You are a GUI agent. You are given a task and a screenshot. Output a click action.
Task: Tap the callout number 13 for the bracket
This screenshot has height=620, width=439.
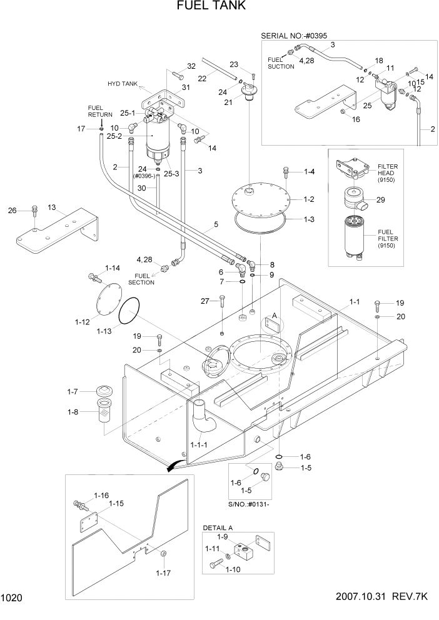(x=52, y=207)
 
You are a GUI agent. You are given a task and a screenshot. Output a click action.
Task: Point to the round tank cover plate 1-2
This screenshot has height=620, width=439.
(x=260, y=200)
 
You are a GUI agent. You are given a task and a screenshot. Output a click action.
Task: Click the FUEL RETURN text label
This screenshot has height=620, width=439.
(x=99, y=111)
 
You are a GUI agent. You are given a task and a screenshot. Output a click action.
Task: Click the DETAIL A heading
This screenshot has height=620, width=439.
(x=218, y=527)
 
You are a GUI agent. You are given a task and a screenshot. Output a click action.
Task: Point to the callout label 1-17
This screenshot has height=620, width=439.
(x=164, y=572)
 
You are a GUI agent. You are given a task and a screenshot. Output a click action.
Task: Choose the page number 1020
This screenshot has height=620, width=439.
(x=13, y=598)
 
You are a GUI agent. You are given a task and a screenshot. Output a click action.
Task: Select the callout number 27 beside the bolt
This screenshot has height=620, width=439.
(x=204, y=302)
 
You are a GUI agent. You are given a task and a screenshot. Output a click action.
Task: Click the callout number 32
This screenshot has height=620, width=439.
(x=191, y=66)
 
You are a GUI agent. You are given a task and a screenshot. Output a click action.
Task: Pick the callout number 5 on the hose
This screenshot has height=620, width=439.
(x=215, y=224)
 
